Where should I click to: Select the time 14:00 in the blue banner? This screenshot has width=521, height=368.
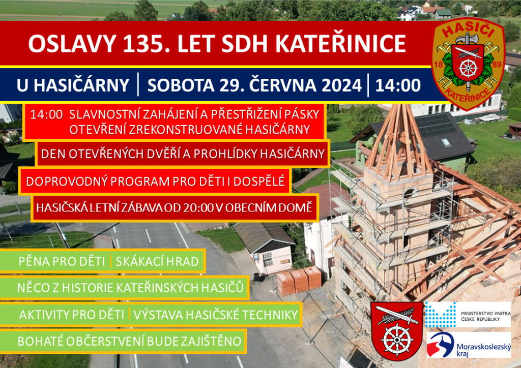tap(398, 85)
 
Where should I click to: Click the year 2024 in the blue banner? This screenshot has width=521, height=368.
tap(341, 85)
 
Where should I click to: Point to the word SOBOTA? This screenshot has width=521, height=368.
tap(181, 85)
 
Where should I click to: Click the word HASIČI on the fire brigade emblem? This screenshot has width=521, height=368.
tap(468, 30)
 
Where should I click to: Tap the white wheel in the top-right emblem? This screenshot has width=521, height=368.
tap(468, 68)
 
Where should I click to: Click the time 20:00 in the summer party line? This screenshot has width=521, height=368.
tap(197, 207)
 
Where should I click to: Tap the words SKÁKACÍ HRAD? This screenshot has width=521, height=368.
tap(157, 261)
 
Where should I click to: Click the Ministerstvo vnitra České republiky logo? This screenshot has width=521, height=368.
tap(468, 314)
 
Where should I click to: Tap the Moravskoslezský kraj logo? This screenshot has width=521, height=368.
tap(469, 345)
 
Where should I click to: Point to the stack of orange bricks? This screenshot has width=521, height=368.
tap(299, 281)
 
